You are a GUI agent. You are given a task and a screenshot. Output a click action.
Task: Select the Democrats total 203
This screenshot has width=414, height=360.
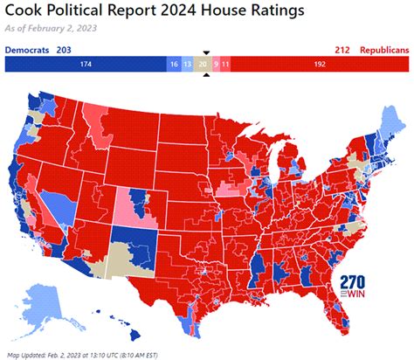pyautogui.click(x=64, y=50)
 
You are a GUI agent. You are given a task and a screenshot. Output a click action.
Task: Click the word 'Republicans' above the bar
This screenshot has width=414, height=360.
pyautogui.click(x=382, y=50)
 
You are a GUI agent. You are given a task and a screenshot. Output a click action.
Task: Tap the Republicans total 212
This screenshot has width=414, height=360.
pyautogui.click(x=342, y=50)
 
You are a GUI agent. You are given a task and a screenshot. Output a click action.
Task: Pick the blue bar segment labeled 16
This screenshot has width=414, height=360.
pyautogui.click(x=174, y=65)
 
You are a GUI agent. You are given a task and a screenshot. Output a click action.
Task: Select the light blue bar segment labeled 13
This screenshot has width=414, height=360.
pyautogui.click(x=188, y=65)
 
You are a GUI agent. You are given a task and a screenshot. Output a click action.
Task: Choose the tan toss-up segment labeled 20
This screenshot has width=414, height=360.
pyautogui.click(x=204, y=65)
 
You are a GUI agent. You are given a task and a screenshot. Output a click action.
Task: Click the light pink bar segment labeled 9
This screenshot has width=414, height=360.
pyautogui.click(x=217, y=65)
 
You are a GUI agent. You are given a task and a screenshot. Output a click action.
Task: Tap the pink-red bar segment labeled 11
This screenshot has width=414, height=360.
pyautogui.click(x=225, y=65)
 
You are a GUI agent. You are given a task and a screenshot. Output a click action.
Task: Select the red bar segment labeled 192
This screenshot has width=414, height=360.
pyautogui.click(x=320, y=65)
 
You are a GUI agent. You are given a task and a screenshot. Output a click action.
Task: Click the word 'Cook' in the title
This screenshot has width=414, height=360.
pyautogui.click(x=24, y=10)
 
